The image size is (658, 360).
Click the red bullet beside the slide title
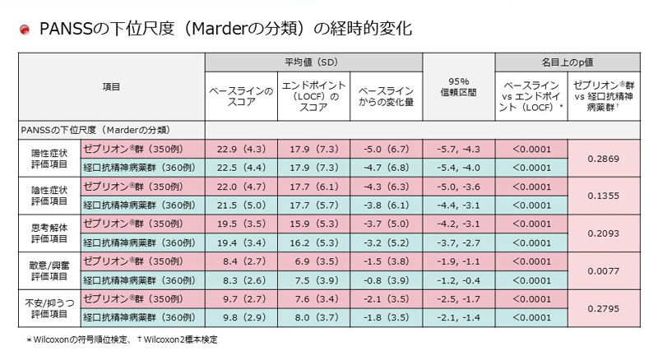[x=25, y=30]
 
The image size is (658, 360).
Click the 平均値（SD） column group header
[x=313, y=62]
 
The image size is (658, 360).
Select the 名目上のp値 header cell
[x=567, y=62]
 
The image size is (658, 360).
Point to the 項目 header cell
[x=111, y=86]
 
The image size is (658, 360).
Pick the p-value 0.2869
[x=604, y=158]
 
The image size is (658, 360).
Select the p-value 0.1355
[x=604, y=196]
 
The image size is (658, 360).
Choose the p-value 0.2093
[x=604, y=233]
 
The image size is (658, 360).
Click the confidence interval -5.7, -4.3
[x=458, y=149]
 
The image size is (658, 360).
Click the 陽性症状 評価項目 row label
[x=49, y=158]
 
